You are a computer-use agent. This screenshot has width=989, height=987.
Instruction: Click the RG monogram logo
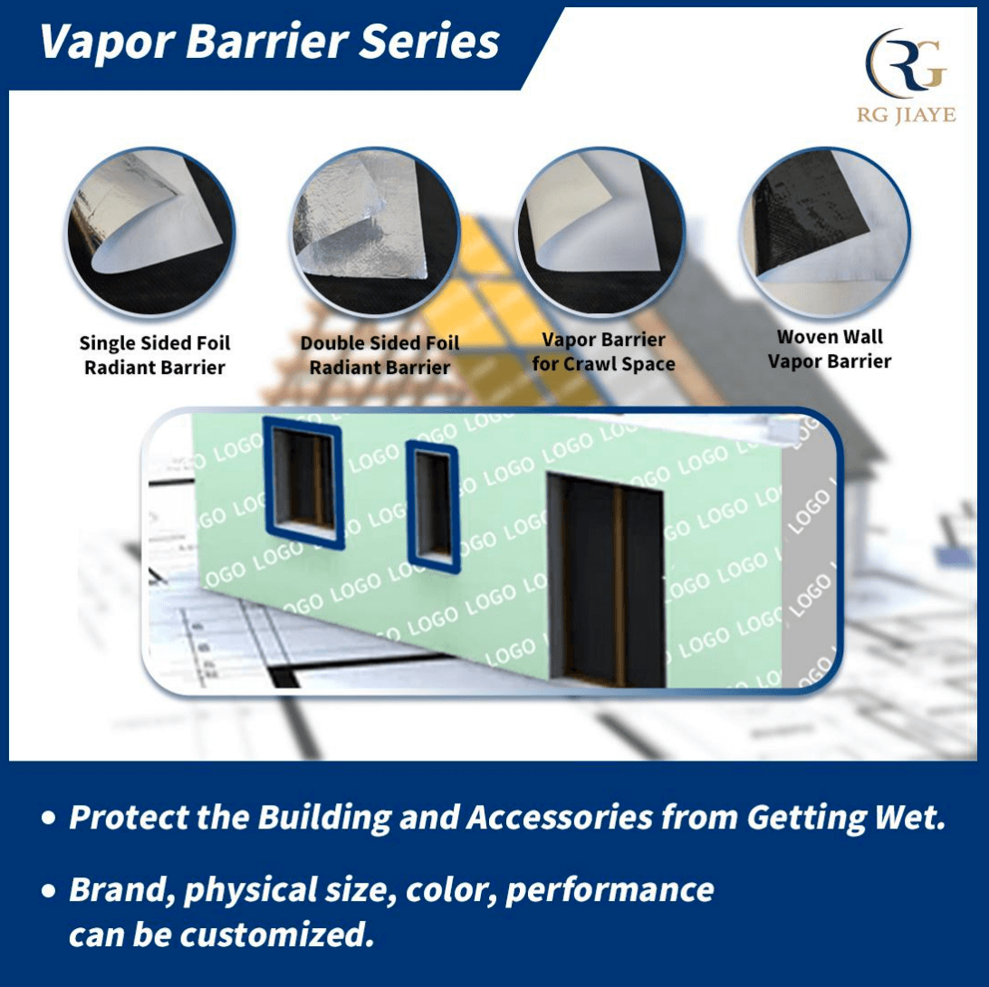coord(906,63)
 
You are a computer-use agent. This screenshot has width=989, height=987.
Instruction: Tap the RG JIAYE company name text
coord(906,115)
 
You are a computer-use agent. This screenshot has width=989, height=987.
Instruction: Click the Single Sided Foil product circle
coord(151,232)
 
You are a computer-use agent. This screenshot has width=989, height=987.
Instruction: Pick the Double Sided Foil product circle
coord(375,232)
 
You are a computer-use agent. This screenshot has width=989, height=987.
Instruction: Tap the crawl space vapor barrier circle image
coord(600,232)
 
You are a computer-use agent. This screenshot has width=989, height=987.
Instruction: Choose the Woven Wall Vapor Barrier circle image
coord(825,232)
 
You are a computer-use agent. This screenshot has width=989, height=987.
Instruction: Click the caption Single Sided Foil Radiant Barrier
coord(155,355)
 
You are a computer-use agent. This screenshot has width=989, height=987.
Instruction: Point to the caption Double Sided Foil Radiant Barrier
coord(379,355)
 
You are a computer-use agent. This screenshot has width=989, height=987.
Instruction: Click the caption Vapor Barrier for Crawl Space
coord(603,352)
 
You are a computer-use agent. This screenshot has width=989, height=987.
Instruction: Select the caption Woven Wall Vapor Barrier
coord(830,350)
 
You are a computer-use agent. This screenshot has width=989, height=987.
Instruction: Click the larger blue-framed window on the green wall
coord(303,483)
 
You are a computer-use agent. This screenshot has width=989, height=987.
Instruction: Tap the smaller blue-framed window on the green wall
coord(433,506)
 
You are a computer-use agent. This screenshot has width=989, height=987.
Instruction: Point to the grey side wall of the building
coord(810,568)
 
